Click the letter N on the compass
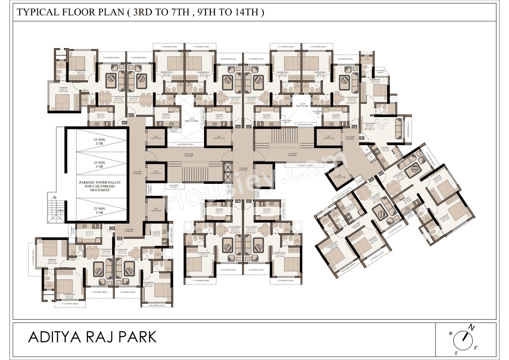pos(472,327)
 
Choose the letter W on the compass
pos(451,333)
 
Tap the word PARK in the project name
pos(138,337)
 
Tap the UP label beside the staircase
pos(50,197)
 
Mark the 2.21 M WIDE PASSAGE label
pos(242,169)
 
